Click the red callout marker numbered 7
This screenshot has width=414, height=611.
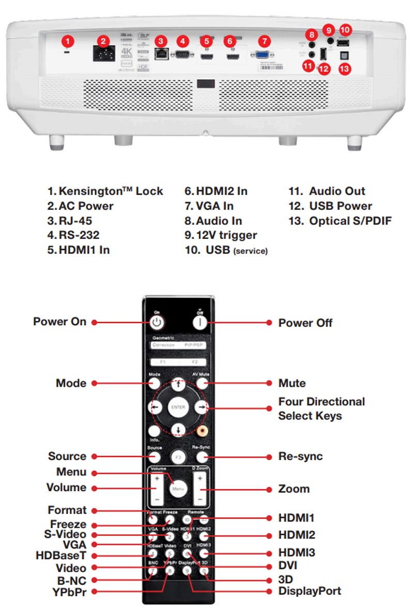[264, 40]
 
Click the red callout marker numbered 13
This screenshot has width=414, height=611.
[344, 68]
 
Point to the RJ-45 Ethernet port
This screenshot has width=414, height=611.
[161, 54]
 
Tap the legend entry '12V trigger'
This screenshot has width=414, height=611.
[221, 235]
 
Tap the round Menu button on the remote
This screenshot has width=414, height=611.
[178, 488]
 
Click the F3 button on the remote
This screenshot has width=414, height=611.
[178, 457]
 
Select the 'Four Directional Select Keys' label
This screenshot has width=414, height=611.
[321, 408]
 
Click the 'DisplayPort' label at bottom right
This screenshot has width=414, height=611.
[309, 591]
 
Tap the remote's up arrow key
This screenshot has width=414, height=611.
[178, 385]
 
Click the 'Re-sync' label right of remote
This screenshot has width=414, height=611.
[300, 457]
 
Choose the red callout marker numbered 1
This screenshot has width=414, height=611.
[69, 40]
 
